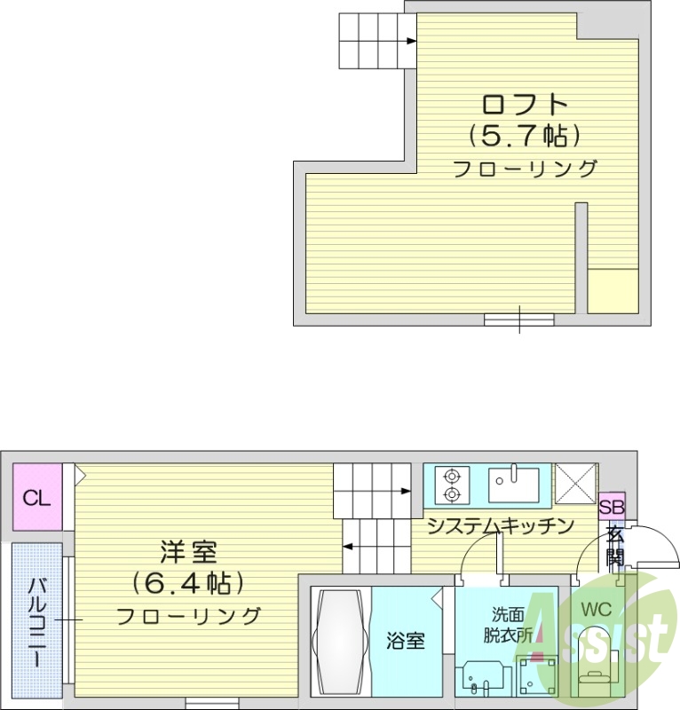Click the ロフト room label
(x=524, y=104)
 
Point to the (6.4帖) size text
(x=188, y=583)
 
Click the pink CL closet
(x=37, y=497)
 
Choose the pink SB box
(x=612, y=508)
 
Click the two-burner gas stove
(x=452, y=484)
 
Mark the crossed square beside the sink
(x=574, y=484)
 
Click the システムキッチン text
(x=499, y=526)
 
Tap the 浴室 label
(x=407, y=641)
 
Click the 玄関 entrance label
(x=614, y=545)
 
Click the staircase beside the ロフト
(x=376, y=41)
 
